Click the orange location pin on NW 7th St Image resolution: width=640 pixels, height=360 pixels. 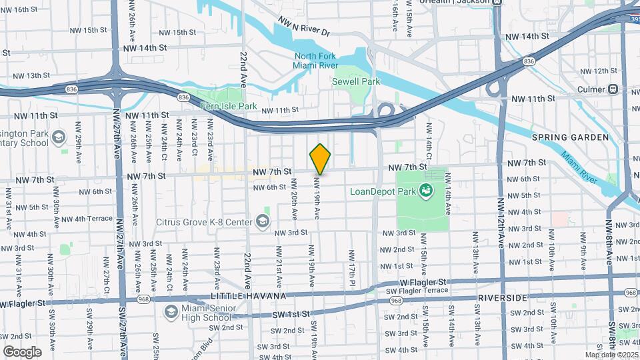tap(320, 159)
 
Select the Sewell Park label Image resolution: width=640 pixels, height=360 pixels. tap(355, 81)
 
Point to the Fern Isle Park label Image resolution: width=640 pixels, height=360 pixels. tap(229, 106)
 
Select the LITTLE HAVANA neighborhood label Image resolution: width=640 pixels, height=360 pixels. tap(249, 295)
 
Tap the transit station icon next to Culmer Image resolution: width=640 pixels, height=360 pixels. tap(612, 89)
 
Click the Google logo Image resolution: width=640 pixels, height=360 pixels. tap(22, 351)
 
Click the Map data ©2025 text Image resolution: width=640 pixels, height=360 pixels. tap(611, 355)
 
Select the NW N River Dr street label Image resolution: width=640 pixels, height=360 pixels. tap(304, 27)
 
